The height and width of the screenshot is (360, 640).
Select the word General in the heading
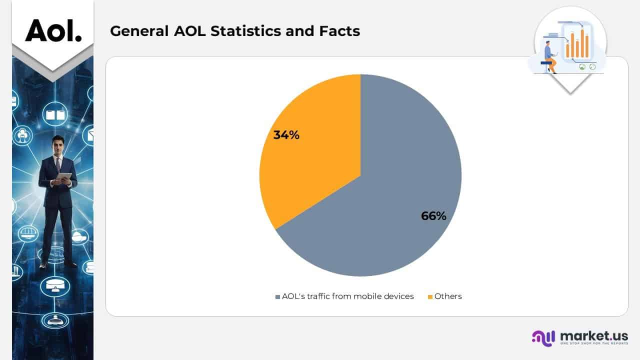click(139, 31)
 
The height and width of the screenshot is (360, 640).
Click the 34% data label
click(286, 134)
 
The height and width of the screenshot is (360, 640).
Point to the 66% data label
click(433, 216)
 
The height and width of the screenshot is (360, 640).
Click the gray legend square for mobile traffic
click(277, 297)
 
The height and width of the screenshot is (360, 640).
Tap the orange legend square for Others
click(430, 297)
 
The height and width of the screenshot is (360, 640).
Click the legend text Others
click(448, 296)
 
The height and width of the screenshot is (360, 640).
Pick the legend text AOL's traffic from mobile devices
click(347, 296)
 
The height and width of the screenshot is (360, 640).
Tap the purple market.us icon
click(543, 338)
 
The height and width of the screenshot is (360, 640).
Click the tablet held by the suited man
click(63, 176)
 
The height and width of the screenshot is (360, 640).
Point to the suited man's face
click(58, 146)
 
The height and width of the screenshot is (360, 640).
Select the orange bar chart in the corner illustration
click(577, 44)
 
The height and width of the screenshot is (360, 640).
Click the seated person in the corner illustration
click(550, 56)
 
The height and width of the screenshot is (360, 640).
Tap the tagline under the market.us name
click(594, 344)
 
